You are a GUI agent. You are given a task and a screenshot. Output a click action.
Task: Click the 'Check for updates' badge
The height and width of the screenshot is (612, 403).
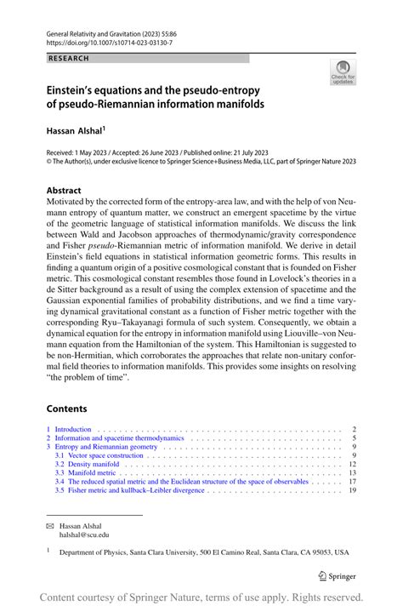click(343, 72)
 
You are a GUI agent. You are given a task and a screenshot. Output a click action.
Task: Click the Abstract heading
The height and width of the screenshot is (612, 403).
click(64, 191)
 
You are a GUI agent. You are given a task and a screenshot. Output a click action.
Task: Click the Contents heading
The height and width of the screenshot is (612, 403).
click(66, 408)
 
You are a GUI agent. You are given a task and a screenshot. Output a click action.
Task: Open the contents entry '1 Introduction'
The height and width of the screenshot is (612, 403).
click(73, 429)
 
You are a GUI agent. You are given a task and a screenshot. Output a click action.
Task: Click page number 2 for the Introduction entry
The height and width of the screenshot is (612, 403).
click(353, 429)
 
